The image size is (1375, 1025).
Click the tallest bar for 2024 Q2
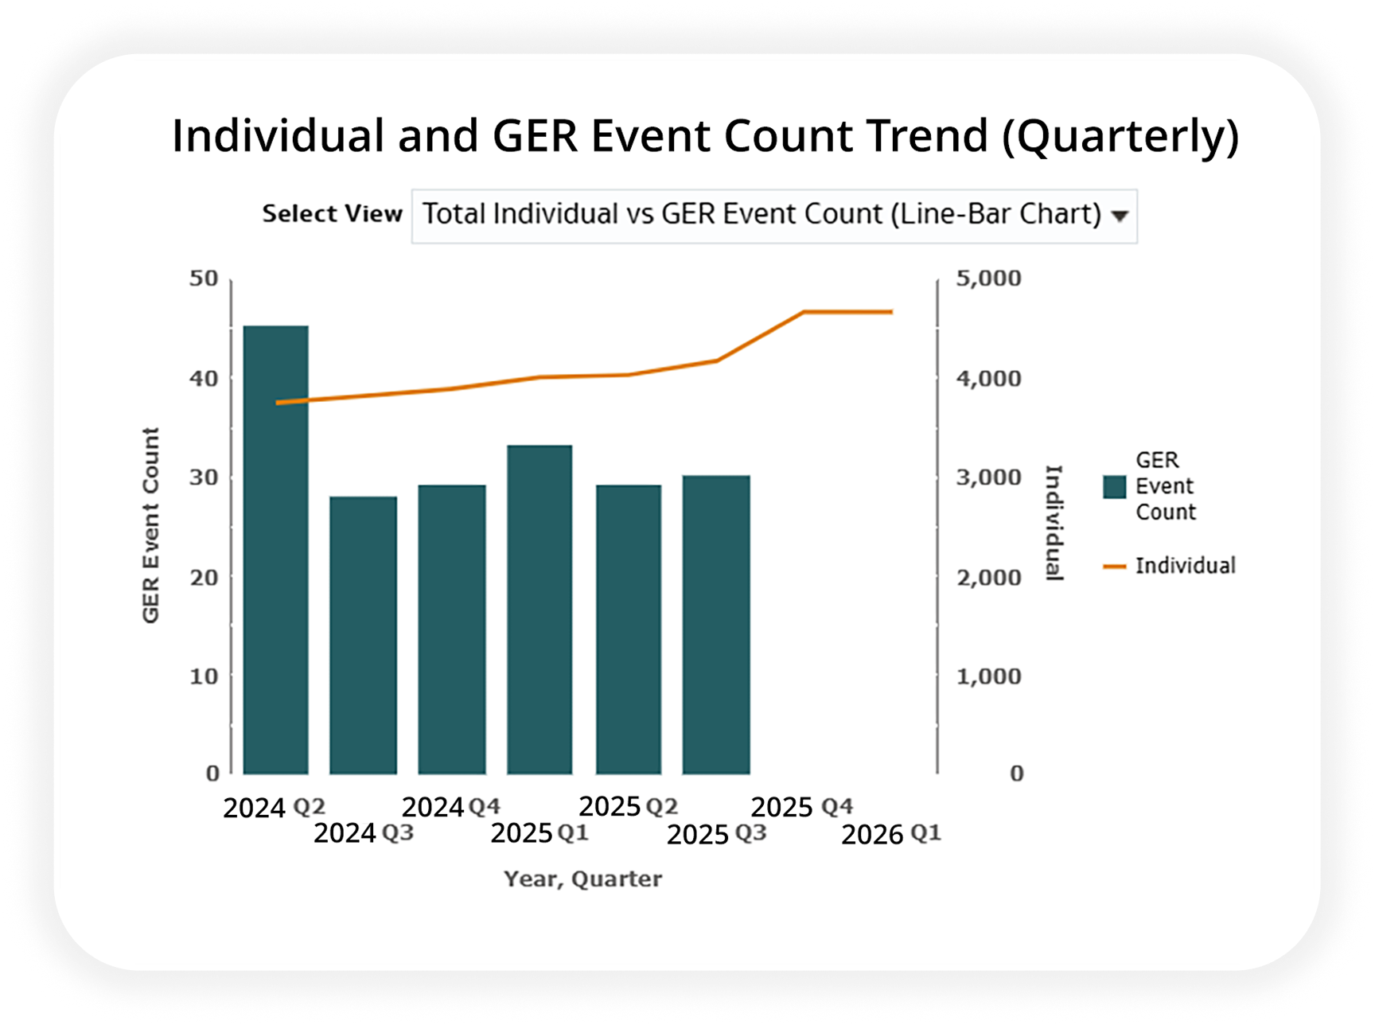point(276,549)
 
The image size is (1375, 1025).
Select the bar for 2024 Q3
point(364,635)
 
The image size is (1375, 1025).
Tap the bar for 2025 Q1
point(539,610)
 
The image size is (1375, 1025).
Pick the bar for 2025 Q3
point(716,625)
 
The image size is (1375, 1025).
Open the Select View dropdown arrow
point(1120,216)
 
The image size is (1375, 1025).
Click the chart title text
point(706,135)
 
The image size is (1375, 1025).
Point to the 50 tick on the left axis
point(204,279)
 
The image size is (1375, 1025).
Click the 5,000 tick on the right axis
point(989,279)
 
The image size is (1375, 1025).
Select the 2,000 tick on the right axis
point(989,577)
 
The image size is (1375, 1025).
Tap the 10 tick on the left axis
point(204,676)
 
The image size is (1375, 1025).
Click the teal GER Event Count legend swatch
point(1115,487)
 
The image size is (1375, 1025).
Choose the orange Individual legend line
point(1115,567)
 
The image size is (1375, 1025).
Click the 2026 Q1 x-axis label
point(891,834)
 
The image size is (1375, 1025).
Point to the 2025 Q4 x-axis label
point(802,807)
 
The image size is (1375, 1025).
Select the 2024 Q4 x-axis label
point(451,807)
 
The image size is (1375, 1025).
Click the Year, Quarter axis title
point(582,879)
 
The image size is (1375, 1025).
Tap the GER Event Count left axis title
point(150,525)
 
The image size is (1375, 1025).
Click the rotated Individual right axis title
point(1054,523)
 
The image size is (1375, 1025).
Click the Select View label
point(333,214)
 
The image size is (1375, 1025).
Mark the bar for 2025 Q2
point(629,629)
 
